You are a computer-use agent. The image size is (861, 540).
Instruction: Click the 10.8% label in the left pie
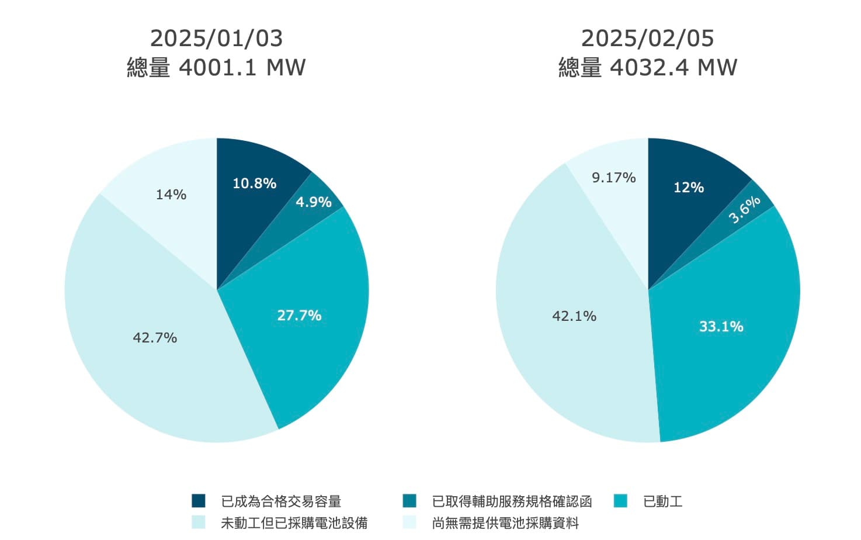coord(254,184)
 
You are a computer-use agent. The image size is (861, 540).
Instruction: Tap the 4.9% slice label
coord(313,202)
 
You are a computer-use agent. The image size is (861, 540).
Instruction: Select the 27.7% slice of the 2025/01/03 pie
coord(299,316)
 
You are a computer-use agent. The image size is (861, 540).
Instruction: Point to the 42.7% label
coord(155,338)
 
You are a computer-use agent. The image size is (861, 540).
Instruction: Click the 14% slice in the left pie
coord(171,195)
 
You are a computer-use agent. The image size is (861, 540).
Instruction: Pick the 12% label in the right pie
coord(689,188)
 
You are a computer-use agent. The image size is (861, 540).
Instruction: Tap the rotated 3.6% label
coord(744,209)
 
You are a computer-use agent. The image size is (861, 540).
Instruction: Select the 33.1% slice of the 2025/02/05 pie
coord(721,327)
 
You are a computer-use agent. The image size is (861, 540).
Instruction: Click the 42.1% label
coord(574,316)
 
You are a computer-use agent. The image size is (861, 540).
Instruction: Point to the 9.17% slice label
coord(613,178)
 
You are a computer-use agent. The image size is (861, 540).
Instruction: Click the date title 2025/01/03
coord(216,39)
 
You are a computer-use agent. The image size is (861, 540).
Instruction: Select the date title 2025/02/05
coord(647,39)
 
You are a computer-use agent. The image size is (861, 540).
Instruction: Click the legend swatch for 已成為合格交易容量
coord(199,501)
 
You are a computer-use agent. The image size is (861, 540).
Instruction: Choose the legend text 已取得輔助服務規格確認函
coord(512,501)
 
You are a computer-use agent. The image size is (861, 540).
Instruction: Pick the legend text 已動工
coord(662,501)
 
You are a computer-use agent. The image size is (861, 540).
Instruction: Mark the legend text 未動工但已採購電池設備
coord(294,522)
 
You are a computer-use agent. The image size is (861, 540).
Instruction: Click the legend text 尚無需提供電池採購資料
coord(505,522)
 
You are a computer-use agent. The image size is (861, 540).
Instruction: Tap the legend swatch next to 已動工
coord(620,501)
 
